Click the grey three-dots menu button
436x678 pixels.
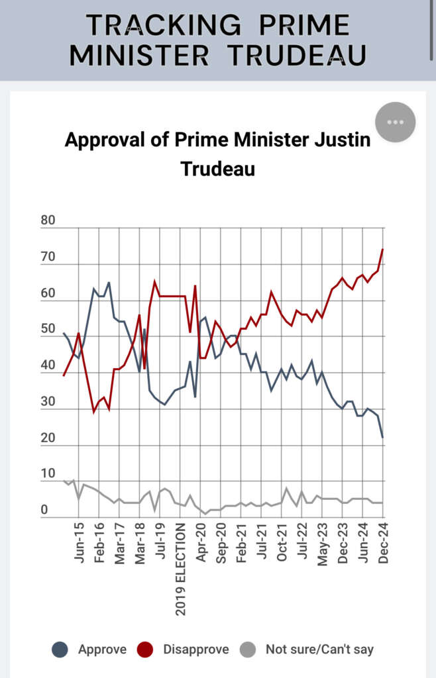395,122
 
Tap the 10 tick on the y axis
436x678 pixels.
48,473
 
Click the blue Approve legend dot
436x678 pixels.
60,650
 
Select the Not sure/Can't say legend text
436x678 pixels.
319,650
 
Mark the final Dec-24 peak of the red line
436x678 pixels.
383,250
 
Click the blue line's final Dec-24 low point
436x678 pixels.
383,438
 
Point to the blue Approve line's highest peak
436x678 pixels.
109,283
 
